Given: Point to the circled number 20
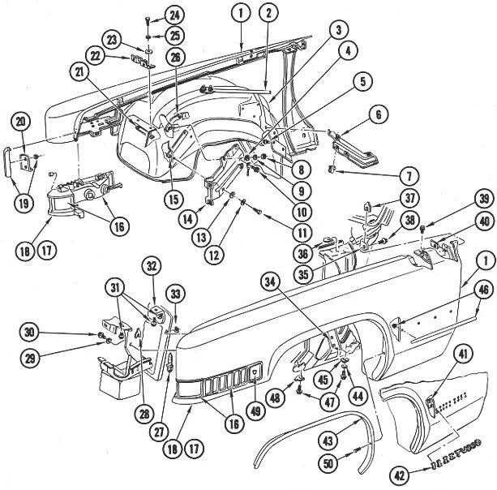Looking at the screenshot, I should (21, 122).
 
